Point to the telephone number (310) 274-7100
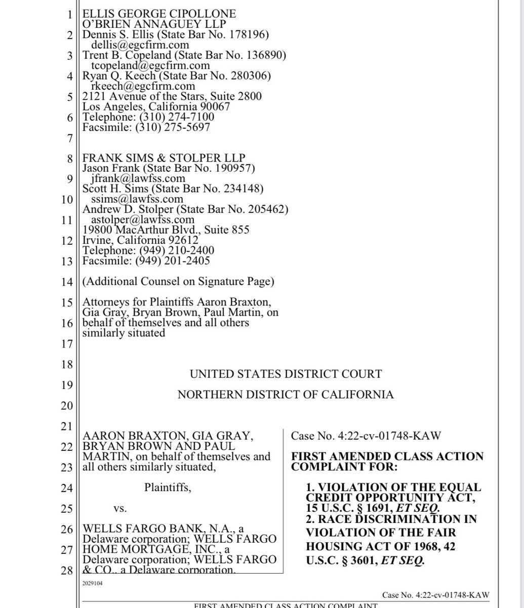click(x=185, y=117)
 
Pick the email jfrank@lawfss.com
click(x=138, y=178)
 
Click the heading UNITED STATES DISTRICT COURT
click(x=286, y=374)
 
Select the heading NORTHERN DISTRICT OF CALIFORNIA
click(x=286, y=395)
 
